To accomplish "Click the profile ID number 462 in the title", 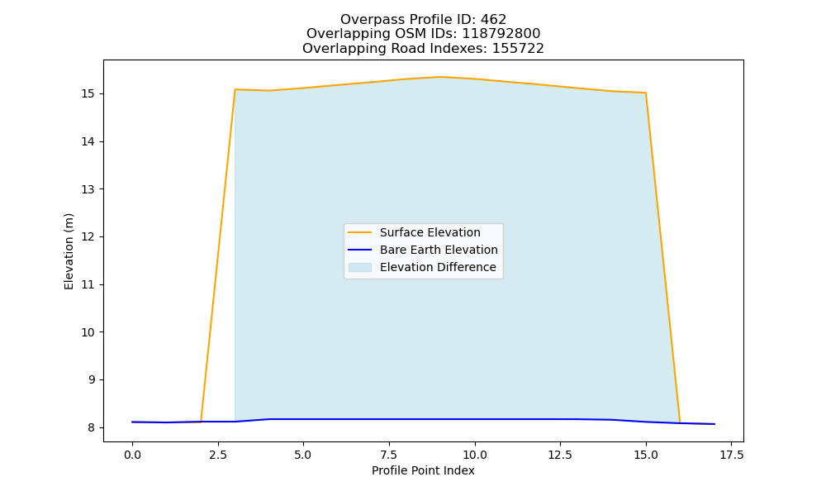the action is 493,20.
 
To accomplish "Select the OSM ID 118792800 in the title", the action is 501,34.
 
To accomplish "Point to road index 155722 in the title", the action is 518,49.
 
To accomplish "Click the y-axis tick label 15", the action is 88,93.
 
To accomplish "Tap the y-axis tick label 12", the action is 88,236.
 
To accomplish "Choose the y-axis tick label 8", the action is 92,427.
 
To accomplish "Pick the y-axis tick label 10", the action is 88,332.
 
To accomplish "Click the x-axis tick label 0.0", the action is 132,455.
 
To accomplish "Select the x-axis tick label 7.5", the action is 389,455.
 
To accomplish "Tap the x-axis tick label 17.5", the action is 732,455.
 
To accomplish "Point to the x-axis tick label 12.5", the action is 561,455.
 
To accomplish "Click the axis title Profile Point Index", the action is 423,470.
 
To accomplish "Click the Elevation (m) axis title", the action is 69,251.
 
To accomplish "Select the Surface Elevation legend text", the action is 430,232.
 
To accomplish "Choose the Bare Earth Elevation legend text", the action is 439,250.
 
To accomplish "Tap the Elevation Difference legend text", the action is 438,267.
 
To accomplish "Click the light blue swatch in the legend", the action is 360,267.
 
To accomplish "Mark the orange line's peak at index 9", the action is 440,77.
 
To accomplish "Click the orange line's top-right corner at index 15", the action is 646,93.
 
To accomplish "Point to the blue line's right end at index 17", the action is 714,424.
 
